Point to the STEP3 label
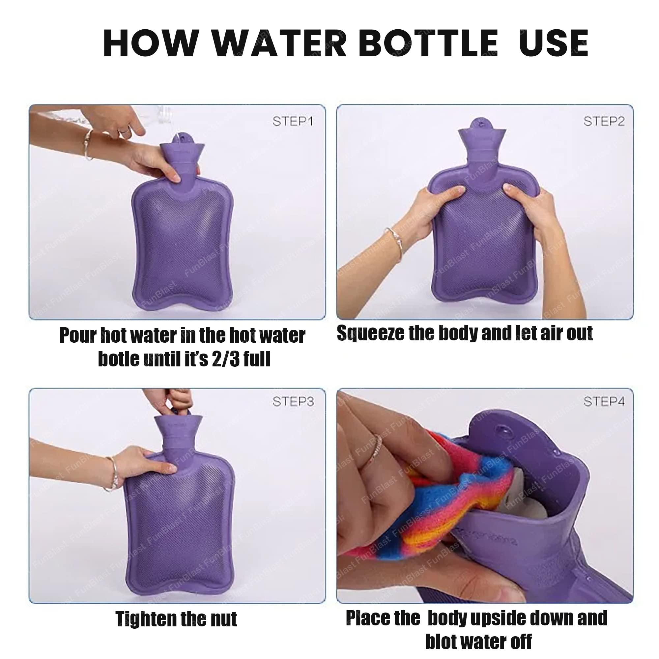point(293,401)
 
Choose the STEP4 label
point(604,401)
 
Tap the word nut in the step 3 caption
point(223,619)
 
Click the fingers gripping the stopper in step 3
point(177,399)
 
